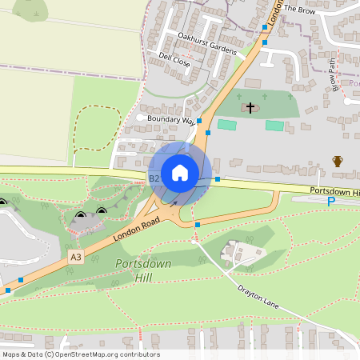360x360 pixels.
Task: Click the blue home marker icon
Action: click(180, 172)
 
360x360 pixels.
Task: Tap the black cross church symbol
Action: click(250, 107)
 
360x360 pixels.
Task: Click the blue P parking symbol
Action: click(331, 202)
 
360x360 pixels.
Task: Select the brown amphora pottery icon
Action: click(338, 162)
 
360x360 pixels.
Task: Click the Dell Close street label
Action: click(174, 60)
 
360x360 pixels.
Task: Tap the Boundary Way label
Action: click(170, 120)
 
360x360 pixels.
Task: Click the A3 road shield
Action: click(76, 257)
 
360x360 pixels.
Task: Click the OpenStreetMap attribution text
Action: click(80, 354)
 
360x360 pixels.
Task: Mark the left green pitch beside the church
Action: click(227, 126)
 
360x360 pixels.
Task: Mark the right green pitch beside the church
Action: click(274, 126)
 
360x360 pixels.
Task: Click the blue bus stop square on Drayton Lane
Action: click(198, 225)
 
